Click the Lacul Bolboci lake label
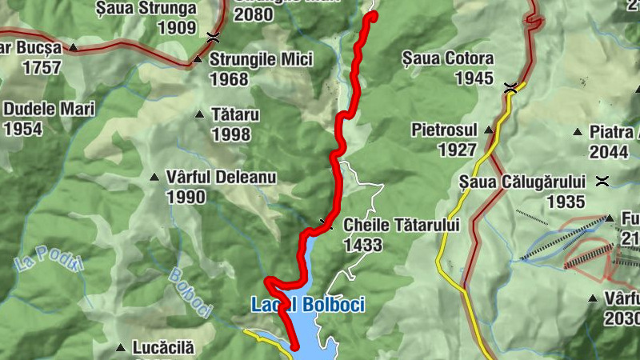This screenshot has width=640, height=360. tap(308, 305)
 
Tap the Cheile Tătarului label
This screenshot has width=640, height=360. tap(402, 226)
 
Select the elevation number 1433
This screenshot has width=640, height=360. tap(362, 246)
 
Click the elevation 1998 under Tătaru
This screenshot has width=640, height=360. tap(231, 134)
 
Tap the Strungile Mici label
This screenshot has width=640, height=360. tap(260, 59)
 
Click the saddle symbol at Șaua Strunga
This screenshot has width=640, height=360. tap(213, 36)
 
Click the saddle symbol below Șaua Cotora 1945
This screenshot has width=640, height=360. tap(510, 88)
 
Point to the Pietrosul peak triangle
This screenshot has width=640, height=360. tap(489, 130)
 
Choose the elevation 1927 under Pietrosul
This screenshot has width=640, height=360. tap(457, 149)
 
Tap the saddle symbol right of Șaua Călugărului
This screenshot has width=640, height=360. tap(602, 181)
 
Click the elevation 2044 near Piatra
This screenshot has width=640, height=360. tap(608, 151)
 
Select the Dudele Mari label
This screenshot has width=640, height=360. tap(49, 109)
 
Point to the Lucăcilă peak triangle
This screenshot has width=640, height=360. tap(120, 348)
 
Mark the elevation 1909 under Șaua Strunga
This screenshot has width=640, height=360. tap(178, 28)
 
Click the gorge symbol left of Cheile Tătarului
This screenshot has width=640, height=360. tap(325, 223)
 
